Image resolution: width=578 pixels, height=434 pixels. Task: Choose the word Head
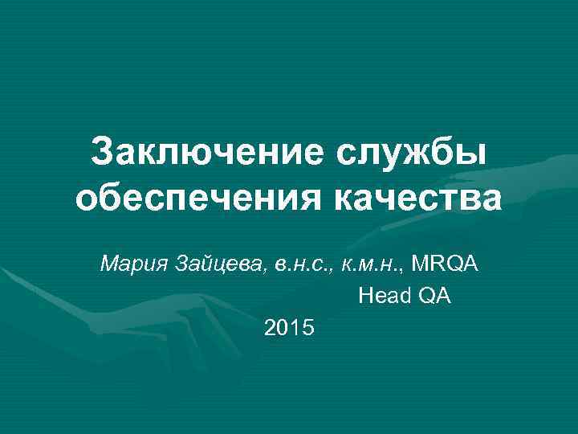pos(384,297)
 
